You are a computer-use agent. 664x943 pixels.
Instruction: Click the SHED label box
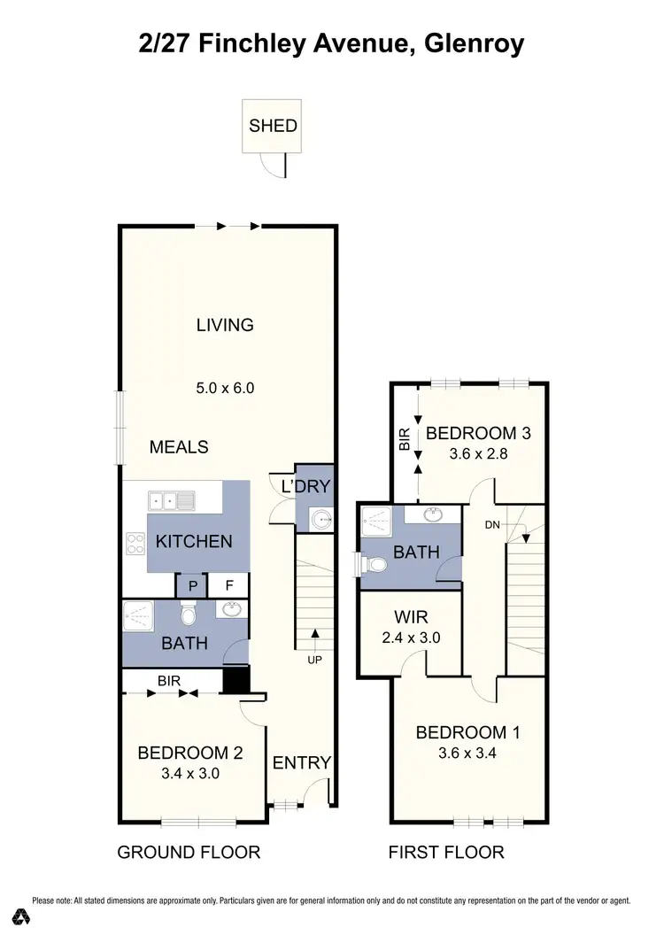[x=273, y=126]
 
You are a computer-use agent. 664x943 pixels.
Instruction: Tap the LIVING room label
[x=225, y=325]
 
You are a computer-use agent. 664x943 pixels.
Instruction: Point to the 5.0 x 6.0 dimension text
[x=225, y=387]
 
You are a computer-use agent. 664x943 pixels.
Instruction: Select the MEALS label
[x=179, y=447]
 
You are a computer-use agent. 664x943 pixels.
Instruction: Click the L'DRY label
[x=305, y=486]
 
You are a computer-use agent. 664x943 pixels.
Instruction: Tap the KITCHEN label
[x=194, y=541]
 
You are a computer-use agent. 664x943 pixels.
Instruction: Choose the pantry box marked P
[x=191, y=585]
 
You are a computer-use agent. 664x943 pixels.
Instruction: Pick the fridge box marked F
[x=228, y=585]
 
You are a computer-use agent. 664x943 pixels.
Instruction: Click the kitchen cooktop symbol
[x=137, y=542]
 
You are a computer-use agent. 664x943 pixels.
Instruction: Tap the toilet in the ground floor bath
[x=188, y=614]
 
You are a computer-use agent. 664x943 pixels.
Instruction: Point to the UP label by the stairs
[x=315, y=661]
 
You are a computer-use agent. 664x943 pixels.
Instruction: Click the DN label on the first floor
[x=494, y=524]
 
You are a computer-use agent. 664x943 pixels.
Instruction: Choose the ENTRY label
[x=301, y=762]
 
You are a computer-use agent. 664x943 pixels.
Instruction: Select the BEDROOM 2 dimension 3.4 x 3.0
[x=190, y=773]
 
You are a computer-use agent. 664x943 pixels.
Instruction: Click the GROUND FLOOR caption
[x=189, y=853]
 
